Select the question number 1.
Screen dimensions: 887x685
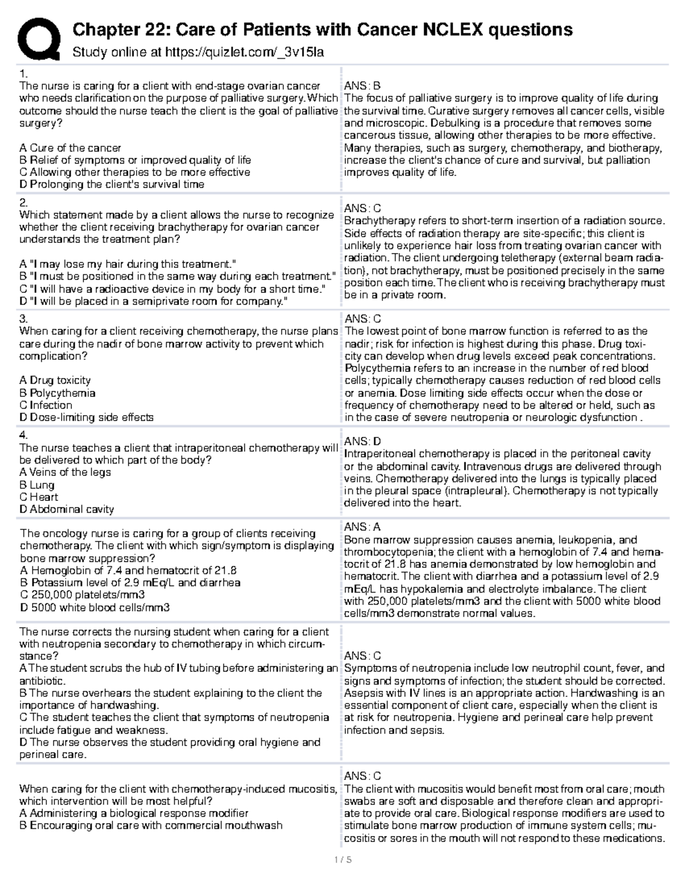[x=23, y=74]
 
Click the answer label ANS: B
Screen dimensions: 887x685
[x=362, y=86]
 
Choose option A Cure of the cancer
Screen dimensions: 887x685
[x=70, y=148]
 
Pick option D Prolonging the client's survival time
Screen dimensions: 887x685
[x=112, y=184]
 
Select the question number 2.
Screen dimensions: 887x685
[x=23, y=203]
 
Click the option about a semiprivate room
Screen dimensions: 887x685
[x=154, y=301]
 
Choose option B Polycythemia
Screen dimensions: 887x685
[x=57, y=393]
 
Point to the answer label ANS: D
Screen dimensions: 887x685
[x=362, y=442]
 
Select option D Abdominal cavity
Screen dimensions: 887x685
[x=67, y=509]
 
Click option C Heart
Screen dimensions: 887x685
[x=39, y=497]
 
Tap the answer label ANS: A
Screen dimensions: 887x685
[x=362, y=527]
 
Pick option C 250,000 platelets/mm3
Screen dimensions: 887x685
[x=82, y=595]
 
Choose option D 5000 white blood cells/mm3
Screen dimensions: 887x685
[x=95, y=608]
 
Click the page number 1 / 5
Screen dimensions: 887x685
[x=342, y=860]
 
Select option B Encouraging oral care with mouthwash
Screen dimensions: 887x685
[x=151, y=825]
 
